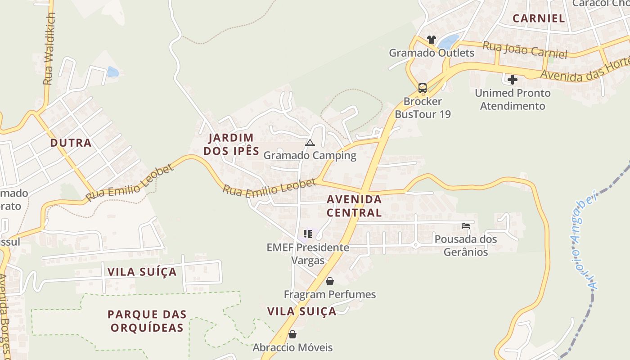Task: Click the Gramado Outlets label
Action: [431, 53]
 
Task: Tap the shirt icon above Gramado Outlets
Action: [431, 40]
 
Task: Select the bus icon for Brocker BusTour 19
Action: [422, 88]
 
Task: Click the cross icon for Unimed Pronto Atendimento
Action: [512, 80]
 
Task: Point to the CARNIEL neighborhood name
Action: [539, 18]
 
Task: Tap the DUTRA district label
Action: [71, 143]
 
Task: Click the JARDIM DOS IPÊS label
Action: [231, 144]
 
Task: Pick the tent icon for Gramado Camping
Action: [310, 143]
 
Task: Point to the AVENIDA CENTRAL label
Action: [354, 206]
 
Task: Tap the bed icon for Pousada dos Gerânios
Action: [466, 225]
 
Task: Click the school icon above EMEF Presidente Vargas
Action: [308, 234]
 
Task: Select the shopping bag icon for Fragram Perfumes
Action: [330, 281]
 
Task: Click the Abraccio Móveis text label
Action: [292, 347]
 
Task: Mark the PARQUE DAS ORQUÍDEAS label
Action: [147, 321]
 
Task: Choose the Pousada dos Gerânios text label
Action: [466, 245]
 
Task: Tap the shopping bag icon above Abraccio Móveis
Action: [292, 334]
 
